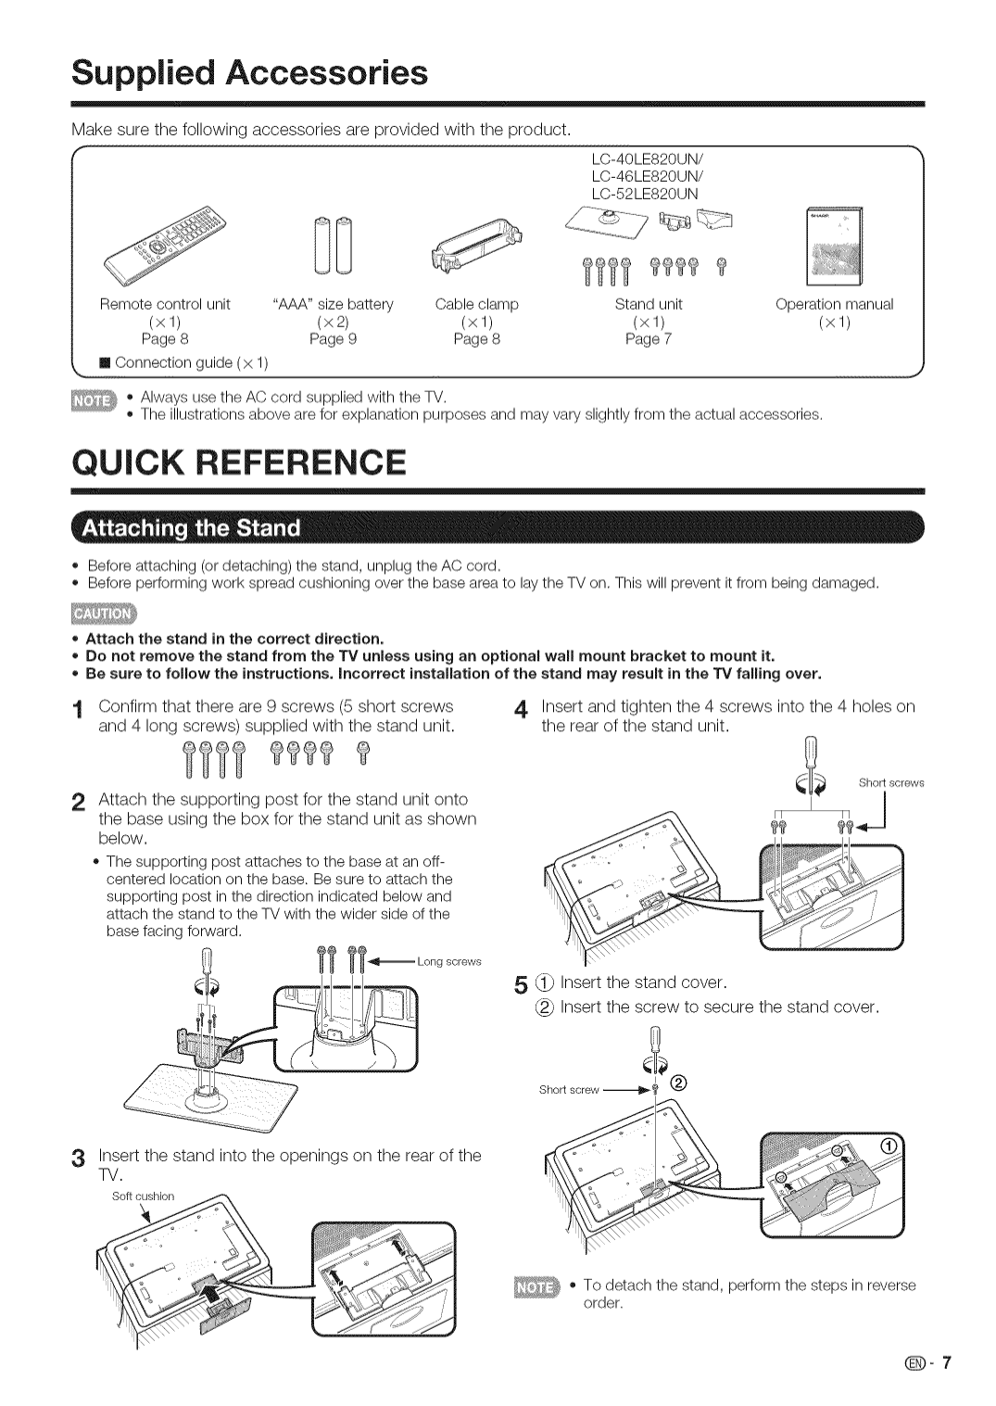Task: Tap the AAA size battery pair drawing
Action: point(334,246)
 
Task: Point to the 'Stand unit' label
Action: point(649,304)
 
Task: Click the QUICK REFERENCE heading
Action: point(239,462)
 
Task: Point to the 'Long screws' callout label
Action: point(449,961)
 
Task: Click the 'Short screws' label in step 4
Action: point(891,783)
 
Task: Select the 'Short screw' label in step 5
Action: point(570,1090)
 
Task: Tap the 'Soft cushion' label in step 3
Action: point(143,1197)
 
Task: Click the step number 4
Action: point(521,710)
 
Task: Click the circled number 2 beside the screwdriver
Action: point(678,1083)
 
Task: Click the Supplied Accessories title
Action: point(250,72)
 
